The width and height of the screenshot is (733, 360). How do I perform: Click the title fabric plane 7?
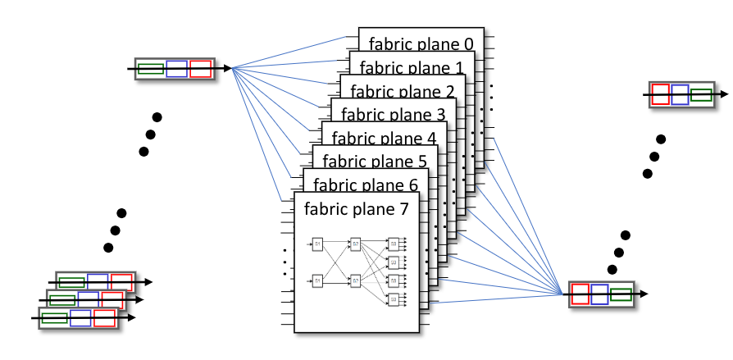pyautogui.click(x=356, y=208)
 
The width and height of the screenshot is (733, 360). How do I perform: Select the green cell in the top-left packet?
pyautogui.click(x=151, y=69)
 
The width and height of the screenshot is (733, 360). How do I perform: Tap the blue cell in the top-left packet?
pyautogui.click(x=176, y=69)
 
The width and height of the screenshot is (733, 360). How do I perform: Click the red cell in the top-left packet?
pyautogui.click(x=201, y=69)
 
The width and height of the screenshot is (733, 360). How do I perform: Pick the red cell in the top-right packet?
pyautogui.click(x=659, y=94)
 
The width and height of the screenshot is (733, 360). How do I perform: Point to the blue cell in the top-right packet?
pyautogui.click(x=680, y=94)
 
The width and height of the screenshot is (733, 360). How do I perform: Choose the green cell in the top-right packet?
pyautogui.click(x=701, y=94)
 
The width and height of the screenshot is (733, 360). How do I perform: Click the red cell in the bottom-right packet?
pyautogui.click(x=580, y=294)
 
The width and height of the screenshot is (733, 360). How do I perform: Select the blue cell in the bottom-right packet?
pyautogui.click(x=599, y=294)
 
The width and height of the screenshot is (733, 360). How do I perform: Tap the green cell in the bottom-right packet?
pyautogui.click(x=621, y=294)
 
